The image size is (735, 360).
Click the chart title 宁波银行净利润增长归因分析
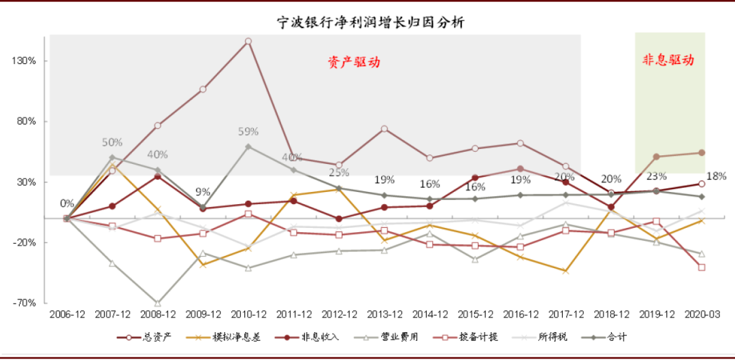[370, 22]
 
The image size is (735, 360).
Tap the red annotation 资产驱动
[353, 62]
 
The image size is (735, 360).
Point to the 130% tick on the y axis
[24, 61]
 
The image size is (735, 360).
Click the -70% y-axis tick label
[24, 303]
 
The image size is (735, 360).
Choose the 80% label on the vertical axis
[27, 121]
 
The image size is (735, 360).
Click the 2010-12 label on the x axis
[248, 314]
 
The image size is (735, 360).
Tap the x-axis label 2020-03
[702, 314]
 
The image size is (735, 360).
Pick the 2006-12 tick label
[67, 314]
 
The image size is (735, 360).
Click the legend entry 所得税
[553, 337]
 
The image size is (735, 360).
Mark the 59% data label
[248, 131]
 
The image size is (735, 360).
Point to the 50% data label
[112, 142]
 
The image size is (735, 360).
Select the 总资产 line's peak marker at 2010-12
[248, 42]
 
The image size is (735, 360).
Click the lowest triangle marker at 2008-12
[157, 304]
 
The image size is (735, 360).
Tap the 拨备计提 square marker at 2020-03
[702, 267]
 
